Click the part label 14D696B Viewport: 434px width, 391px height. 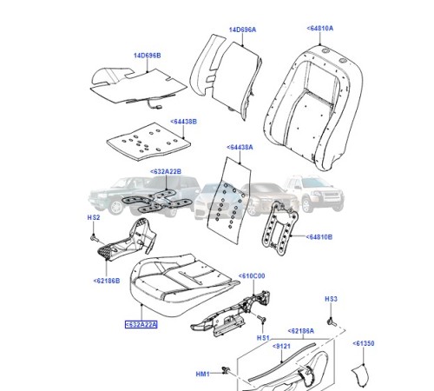coord(148,56)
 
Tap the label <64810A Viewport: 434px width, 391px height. coord(320,29)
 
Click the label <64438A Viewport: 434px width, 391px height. coord(240,149)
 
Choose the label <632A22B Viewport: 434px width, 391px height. coord(165,172)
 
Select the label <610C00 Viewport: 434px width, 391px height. coord(252,275)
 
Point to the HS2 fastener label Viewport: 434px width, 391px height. coord(94,217)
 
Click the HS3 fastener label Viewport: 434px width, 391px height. coord(331,299)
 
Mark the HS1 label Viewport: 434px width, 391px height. coord(263,336)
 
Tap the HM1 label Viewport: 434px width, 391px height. coord(203,374)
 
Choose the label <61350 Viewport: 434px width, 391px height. coord(365,344)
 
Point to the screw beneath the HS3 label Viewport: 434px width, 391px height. coord(332,320)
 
